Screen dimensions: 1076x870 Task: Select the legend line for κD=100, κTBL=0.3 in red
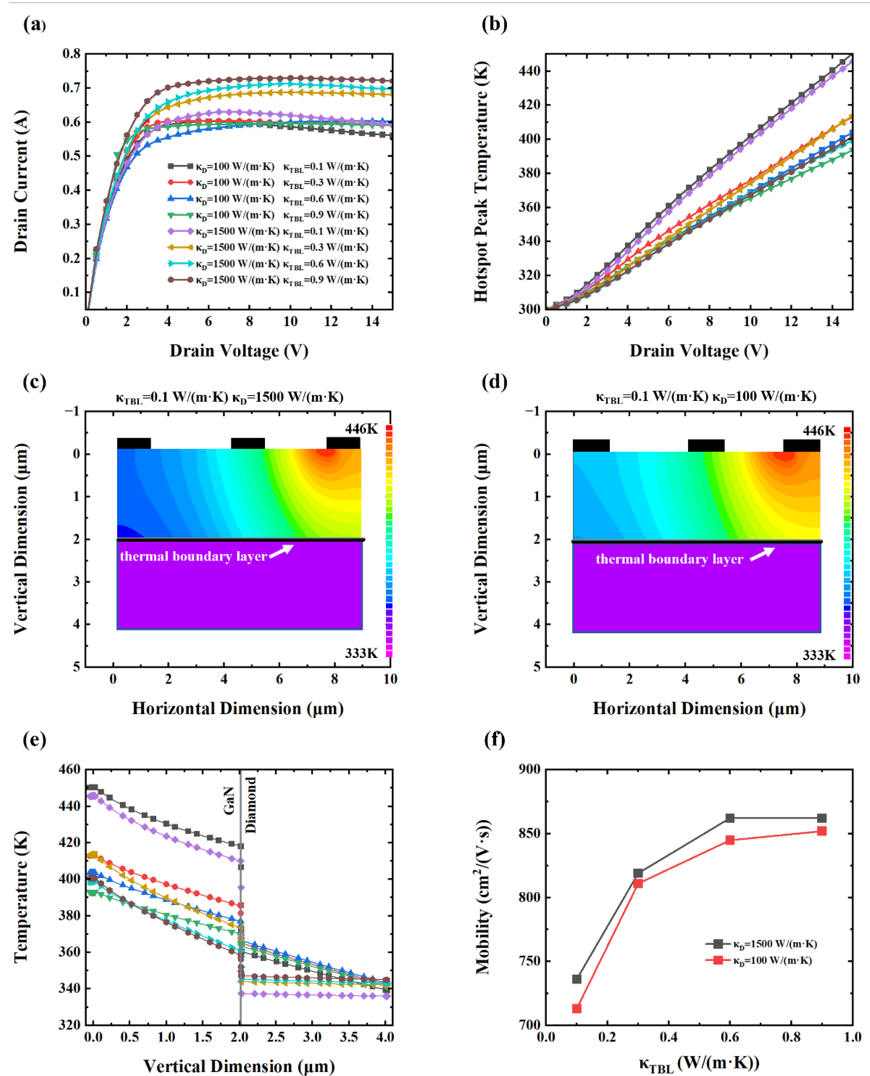pyautogui.click(x=180, y=182)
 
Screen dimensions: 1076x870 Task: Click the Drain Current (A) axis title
pyautogui.click(x=21, y=182)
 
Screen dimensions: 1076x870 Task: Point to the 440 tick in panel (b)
pyautogui.click(x=530, y=71)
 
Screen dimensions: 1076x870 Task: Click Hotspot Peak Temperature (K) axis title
pyautogui.click(x=481, y=182)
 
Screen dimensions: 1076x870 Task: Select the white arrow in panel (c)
pyautogui.click(x=282, y=550)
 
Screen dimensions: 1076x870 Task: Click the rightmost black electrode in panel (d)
pyautogui.click(x=801, y=445)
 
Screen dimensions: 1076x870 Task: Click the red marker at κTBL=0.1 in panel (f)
pyautogui.click(x=577, y=1009)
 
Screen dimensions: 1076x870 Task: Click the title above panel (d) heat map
pyautogui.click(x=706, y=397)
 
